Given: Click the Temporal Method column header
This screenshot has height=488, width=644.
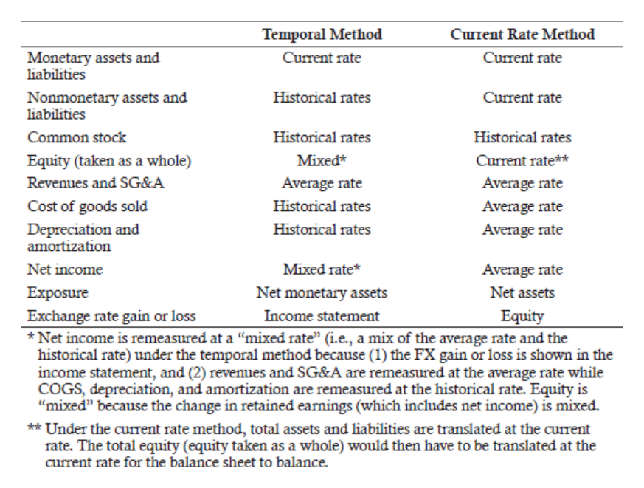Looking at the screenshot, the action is click(x=322, y=34).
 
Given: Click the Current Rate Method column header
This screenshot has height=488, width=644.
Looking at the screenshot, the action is click(x=522, y=34).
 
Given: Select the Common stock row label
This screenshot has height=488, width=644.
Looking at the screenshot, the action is click(x=77, y=137).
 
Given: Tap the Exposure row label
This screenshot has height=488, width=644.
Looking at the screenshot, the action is click(x=58, y=292).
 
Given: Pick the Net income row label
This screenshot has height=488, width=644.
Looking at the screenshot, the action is click(x=65, y=269).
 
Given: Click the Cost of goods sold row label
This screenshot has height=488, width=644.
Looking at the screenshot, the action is click(x=88, y=207).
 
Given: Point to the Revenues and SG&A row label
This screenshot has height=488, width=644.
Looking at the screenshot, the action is click(x=96, y=183).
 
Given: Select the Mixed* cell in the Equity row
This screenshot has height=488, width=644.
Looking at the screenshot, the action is click(x=322, y=160).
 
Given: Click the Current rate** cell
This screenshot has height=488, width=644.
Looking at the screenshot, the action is click(x=522, y=160).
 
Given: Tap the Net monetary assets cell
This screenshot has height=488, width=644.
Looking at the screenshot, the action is click(x=322, y=292).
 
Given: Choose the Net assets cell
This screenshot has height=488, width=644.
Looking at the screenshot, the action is click(x=522, y=292).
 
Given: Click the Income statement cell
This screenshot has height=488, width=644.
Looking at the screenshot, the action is click(x=322, y=316).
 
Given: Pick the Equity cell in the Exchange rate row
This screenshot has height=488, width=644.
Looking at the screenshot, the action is click(x=522, y=316).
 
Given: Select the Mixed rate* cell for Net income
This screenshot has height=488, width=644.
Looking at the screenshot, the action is click(x=322, y=269).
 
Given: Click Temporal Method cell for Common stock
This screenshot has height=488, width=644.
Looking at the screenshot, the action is click(x=322, y=137).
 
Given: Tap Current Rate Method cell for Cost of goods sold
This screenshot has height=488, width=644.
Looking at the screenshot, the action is click(x=522, y=207).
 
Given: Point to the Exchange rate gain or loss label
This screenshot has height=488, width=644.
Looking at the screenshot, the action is click(x=111, y=316).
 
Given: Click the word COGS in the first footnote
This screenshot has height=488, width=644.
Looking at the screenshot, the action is click(x=60, y=389).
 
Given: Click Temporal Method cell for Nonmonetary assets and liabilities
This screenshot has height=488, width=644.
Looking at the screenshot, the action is click(x=322, y=97).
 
